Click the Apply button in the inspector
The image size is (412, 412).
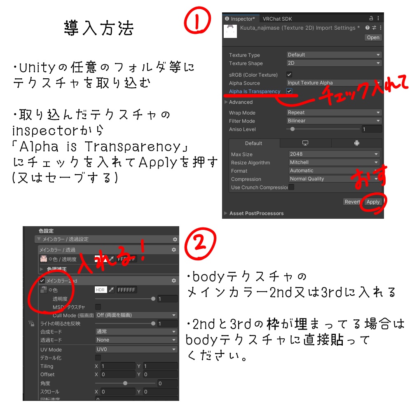373,202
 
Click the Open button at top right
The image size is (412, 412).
373,37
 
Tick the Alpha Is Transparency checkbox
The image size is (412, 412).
289,91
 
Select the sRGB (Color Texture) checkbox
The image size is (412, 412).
289,75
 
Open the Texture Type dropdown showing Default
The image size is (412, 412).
334,55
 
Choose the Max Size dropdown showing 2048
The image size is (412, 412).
334,154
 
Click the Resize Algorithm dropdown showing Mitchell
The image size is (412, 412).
334,162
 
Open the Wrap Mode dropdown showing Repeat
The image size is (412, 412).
334,112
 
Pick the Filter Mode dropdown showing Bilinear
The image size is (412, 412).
334,121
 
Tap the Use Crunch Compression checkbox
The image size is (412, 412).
291,187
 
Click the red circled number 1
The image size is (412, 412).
197,21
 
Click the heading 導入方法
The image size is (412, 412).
99,28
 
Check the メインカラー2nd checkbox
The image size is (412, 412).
42,281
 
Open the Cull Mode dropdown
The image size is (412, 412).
136,315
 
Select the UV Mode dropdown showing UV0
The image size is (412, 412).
136,349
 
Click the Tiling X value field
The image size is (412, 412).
117,366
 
